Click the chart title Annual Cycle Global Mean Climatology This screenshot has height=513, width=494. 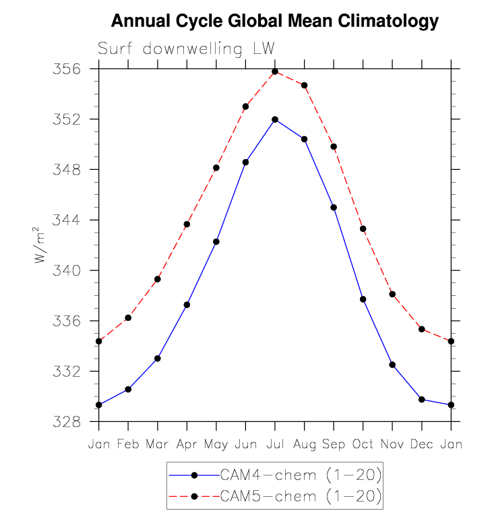click(274, 22)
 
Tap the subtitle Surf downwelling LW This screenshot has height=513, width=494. click(185, 49)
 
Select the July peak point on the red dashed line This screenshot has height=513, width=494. click(275, 71)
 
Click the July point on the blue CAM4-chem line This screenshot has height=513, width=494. click(275, 119)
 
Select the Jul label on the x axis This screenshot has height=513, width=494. click(275, 444)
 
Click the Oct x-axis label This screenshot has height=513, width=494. click(363, 444)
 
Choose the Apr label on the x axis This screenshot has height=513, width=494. click(187, 444)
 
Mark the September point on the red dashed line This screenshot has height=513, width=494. click(334, 146)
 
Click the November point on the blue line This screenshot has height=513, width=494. click(392, 365)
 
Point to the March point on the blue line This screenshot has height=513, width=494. click(158, 358)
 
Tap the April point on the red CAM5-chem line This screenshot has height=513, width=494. click(187, 224)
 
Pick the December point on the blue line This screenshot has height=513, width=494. click(422, 400)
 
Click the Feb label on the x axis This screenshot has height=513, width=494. click(128, 444)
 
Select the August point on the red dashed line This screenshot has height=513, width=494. click(305, 86)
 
